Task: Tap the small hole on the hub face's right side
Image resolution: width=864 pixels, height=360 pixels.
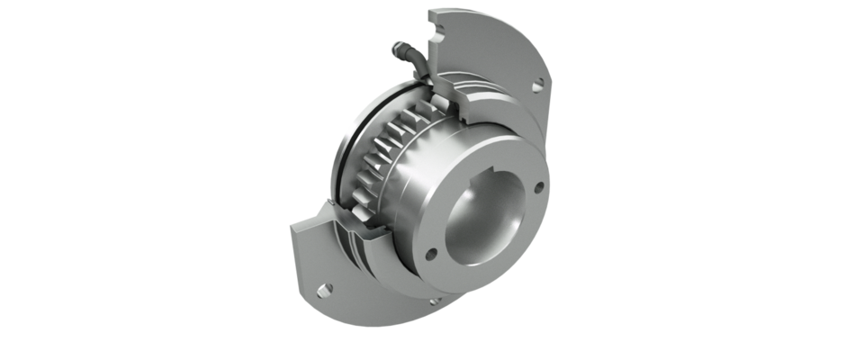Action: click(x=538, y=188)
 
